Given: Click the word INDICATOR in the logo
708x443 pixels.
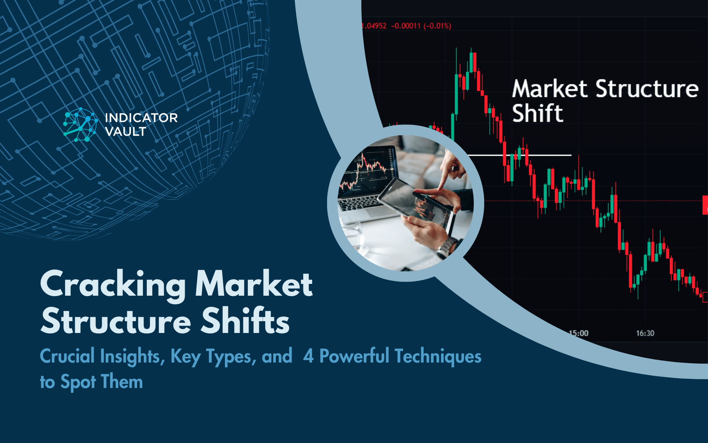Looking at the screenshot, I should pyautogui.click(x=141, y=118).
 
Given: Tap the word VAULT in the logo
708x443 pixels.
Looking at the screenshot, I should pyautogui.click(x=125, y=131).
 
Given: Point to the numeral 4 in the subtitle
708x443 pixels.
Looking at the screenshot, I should pyautogui.click(x=308, y=356).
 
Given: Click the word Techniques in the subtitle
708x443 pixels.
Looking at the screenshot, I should pyautogui.click(x=438, y=356).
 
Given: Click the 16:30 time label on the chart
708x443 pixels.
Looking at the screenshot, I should pyautogui.click(x=645, y=333).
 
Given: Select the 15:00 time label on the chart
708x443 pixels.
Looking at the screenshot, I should pyautogui.click(x=579, y=333).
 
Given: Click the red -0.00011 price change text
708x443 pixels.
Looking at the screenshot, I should pyautogui.click(x=406, y=26).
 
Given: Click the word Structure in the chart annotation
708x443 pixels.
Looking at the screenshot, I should pyautogui.click(x=647, y=89).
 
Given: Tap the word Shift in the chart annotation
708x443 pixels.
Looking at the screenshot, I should pyautogui.click(x=538, y=113).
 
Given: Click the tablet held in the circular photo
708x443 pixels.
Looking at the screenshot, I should pyautogui.click(x=417, y=201).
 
